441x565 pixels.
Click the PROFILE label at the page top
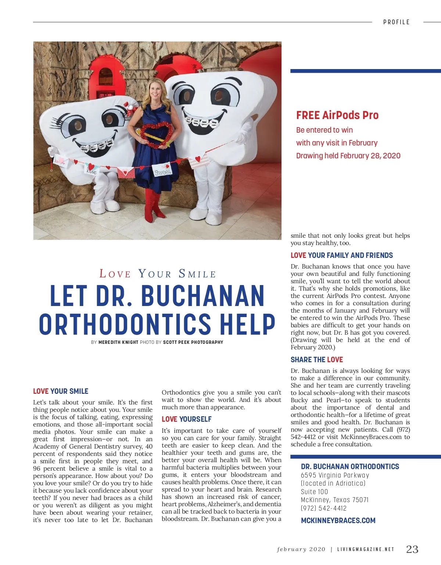[x=396, y=22]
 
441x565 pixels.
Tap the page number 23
[x=412, y=549]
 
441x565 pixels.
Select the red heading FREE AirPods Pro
[x=337, y=115]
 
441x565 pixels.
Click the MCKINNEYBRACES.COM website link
[x=338, y=521]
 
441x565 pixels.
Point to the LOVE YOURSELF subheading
[x=187, y=419]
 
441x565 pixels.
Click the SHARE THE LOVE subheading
[x=316, y=360]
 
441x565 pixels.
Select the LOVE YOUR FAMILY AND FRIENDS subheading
[x=341, y=255]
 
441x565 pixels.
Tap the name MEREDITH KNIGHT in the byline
[x=118, y=342]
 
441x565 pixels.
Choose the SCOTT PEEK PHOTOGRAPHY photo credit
[x=193, y=342]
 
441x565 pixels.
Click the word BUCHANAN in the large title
[x=203, y=296]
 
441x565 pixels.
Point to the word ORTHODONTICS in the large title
[x=125, y=324]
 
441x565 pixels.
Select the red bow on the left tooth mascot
[x=131, y=109]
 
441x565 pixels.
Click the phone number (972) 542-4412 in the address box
[x=323, y=508]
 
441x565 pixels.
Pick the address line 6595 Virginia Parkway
[x=335, y=475]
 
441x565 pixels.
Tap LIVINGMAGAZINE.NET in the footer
[x=366, y=550]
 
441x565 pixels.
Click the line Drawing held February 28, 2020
[x=348, y=156]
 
